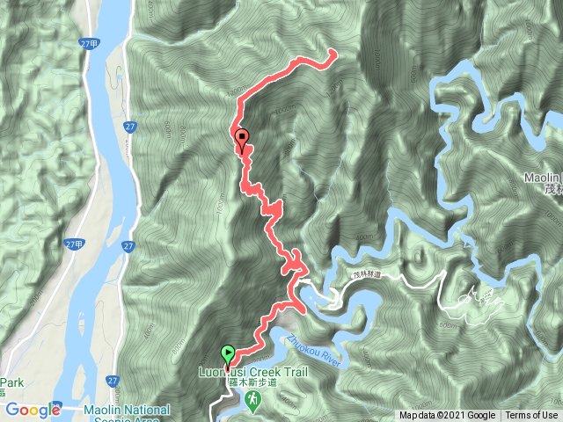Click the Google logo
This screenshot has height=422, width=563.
32,410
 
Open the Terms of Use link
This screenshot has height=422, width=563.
531,416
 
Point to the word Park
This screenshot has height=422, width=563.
11,383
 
